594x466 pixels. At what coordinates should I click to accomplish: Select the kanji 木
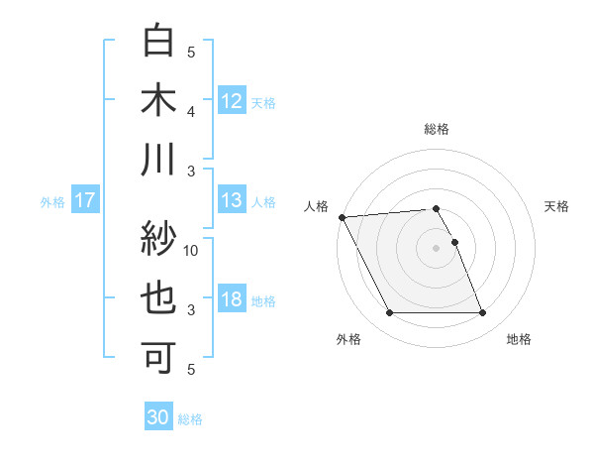(159, 101)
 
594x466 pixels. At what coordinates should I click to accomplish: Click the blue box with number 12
(232, 100)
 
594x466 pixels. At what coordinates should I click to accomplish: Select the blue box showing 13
(232, 200)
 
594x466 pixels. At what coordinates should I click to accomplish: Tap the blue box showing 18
(232, 299)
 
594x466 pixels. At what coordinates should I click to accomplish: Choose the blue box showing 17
(84, 200)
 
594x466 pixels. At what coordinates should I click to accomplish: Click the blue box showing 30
(157, 417)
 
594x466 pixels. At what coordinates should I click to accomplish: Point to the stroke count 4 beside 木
(191, 111)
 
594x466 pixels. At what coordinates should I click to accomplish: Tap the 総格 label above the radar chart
(437, 129)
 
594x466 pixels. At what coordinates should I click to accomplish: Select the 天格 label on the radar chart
(557, 206)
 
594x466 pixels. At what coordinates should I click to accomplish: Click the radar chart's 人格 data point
(342, 217)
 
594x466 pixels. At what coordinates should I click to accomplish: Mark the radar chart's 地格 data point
(483, 313)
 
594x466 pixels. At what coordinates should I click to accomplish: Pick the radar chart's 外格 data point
(389, 313)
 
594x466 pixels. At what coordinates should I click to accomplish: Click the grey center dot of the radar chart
(436, 248)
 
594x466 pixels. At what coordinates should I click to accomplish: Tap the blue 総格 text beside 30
(190, 419)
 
